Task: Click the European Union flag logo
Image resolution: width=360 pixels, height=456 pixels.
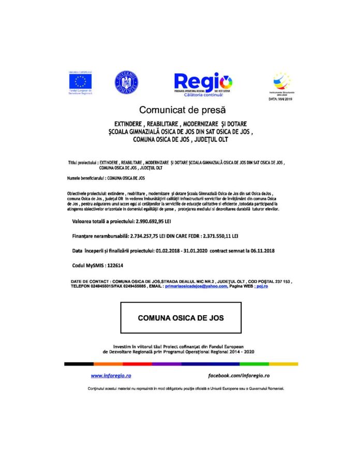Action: pyautogui.click(x=81, y=81)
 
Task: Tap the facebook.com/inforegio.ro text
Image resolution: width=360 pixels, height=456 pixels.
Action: pyautogui.click(x=239, y=375)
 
